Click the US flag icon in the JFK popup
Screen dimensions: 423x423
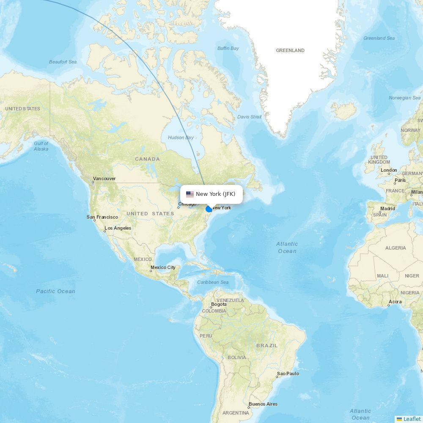point(190,194)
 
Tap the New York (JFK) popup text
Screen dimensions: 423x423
point(215,194)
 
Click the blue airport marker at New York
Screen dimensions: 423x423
point(209,209)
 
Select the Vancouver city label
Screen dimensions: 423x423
point(104,179)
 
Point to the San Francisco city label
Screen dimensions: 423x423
point(102,217)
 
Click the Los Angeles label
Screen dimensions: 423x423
point(118,228)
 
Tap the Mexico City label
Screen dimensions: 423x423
point(163,267)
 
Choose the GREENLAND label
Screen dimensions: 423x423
point(290,50)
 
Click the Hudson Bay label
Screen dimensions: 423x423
point(181,137)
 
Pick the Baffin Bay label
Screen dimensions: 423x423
point(228,48)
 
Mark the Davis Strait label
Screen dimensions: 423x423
point(250,117)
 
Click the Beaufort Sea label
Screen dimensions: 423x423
point(63,62)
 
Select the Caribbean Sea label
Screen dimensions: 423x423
point(213,282)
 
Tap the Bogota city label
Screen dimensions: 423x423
point(219,304)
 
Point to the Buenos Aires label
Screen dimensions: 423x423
point(263,404)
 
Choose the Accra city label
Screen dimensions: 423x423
point(395,302)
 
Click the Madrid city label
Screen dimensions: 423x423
point(387,209)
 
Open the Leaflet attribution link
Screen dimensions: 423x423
point(412,419)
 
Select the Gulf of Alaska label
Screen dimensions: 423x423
point(41,146)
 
